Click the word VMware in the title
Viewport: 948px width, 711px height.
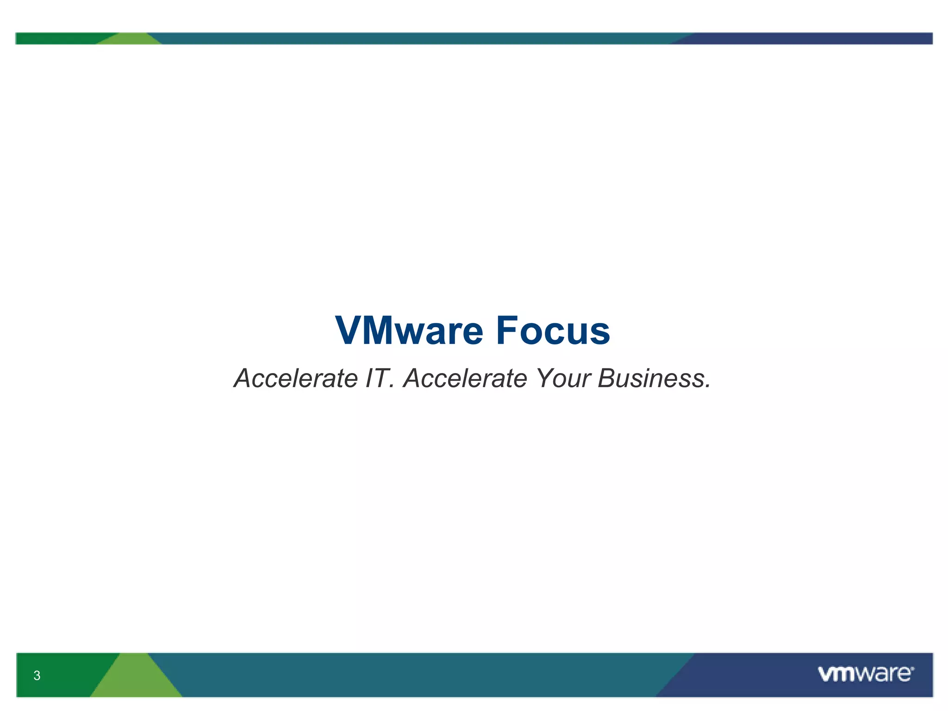409,331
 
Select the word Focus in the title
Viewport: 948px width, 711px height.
553,331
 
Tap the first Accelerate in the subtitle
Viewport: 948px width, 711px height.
296,378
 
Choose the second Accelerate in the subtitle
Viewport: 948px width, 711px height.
465,378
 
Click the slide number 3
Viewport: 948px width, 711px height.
37,675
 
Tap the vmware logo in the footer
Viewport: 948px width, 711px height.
866,674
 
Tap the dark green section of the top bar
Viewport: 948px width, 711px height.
56,38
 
